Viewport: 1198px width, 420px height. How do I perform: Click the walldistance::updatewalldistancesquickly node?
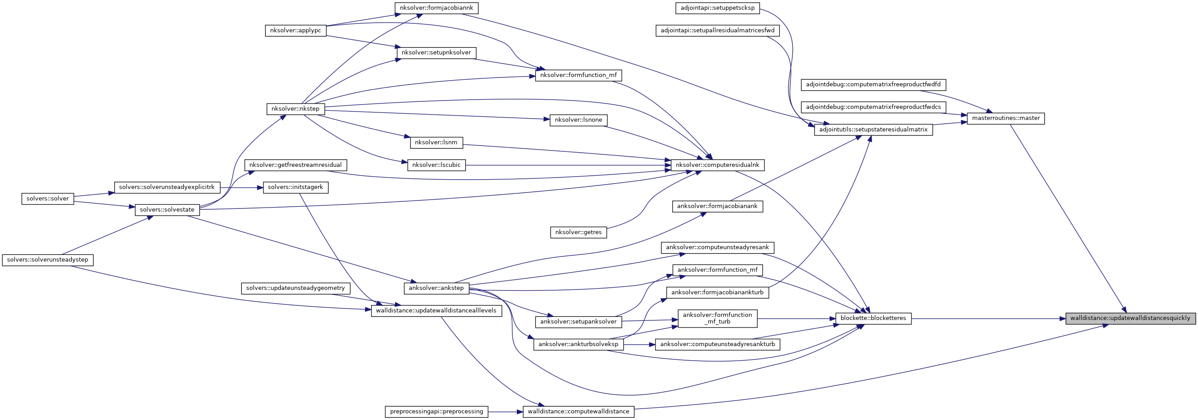pos(1130,318)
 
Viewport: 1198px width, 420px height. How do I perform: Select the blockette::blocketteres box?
pos(873,318)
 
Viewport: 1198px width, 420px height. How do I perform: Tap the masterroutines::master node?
pos(1005,118)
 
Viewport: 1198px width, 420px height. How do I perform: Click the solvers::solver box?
pos(47,199)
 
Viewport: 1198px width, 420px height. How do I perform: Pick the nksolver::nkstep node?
pos(295,109)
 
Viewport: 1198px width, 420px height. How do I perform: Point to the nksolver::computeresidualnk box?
pos(717,165)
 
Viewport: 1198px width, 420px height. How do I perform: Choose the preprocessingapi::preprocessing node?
pos(436,412)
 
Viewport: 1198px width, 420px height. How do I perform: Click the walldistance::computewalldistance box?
pos(578,412)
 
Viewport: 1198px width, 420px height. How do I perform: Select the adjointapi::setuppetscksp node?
pos(717,8)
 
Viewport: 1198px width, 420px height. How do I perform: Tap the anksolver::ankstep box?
pos(436,288)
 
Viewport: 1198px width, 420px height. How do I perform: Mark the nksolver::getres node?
pos(578,232)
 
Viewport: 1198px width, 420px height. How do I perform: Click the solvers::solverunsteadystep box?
pos(47,260)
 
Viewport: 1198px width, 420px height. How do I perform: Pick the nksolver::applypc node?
pos(295,31)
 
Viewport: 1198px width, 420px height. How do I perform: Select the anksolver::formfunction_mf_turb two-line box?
pos(717,318)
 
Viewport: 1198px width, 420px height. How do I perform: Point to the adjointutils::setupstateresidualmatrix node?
pos(873,130)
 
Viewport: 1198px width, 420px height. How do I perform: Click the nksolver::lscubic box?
pos(436,165)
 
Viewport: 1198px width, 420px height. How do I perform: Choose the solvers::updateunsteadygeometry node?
pos(295,288)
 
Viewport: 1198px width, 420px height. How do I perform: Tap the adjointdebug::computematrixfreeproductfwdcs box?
pos(873,107)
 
